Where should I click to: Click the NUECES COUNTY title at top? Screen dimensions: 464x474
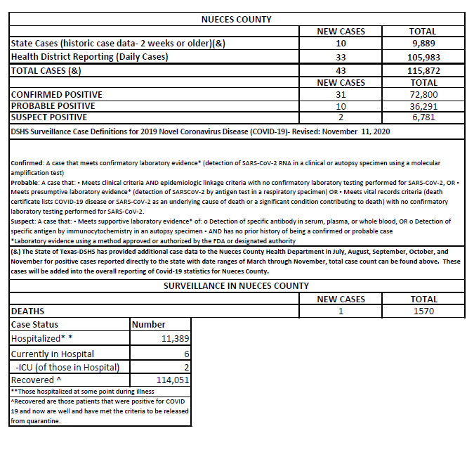(236, 20)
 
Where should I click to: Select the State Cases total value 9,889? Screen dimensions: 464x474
(422, 44)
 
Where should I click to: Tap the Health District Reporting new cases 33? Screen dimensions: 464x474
(341, 56)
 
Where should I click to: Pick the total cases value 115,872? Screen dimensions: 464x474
(422, 71)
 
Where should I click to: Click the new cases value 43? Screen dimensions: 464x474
(341, 71)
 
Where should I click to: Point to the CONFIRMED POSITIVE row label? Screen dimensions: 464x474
(57, 95)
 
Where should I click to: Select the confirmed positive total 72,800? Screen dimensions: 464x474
(422, 95)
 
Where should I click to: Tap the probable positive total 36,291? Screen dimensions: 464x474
(422, 106)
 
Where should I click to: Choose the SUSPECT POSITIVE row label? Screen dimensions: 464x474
(50, 117)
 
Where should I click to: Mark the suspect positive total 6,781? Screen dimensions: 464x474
(422, 117)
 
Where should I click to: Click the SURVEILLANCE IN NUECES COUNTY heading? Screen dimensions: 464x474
(236, 286)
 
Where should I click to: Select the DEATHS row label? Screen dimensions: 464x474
(28, 311)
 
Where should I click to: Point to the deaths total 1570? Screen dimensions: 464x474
(422, 311)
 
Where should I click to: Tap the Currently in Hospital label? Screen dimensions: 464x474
(53, 354)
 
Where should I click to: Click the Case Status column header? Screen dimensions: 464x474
(35, 325)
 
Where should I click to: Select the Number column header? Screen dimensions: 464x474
(149, 325)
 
